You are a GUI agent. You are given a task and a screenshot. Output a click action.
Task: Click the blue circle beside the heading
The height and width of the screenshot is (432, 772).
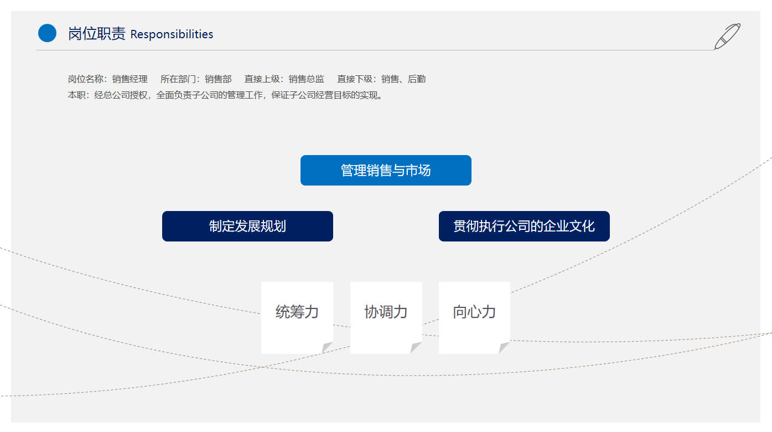(47, 33)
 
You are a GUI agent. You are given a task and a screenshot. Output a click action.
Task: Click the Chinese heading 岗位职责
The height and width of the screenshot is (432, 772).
(96, 34)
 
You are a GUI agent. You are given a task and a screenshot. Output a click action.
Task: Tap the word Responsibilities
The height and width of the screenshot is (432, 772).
(172, 34)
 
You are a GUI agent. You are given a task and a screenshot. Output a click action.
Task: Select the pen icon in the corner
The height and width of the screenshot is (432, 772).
(727, 36)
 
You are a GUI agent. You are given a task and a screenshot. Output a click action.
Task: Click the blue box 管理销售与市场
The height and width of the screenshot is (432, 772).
(386, 170)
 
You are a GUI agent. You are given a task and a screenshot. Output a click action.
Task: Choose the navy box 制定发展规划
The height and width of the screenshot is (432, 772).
(247, 226)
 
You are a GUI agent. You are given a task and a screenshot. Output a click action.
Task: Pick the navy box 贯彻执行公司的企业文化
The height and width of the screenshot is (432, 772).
(524, 226)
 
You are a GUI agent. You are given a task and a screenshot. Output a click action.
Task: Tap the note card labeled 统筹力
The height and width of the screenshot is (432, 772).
(297, 318)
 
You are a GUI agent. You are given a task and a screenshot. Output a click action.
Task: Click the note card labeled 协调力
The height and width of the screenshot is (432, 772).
(386, 318)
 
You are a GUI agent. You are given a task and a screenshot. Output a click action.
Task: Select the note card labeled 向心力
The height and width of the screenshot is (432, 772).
(474, 318)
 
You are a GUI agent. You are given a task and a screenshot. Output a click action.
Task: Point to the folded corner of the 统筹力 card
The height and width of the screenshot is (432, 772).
(327, 347)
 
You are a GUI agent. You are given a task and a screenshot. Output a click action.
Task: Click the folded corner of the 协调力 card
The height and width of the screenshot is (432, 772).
(415, 347)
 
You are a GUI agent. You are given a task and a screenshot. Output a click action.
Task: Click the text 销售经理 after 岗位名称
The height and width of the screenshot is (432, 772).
(129, 79)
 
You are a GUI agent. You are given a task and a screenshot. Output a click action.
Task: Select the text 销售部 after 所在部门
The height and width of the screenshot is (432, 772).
(218, 79)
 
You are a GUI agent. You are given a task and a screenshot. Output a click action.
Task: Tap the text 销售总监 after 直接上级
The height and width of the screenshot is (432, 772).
(306, 79)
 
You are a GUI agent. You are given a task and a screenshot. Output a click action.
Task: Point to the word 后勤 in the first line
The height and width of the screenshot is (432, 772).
(417, 79)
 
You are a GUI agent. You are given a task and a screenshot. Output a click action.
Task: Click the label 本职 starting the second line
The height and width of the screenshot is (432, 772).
(76, 95)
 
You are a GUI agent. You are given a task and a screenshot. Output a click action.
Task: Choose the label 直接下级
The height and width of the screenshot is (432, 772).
(355, 79)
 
